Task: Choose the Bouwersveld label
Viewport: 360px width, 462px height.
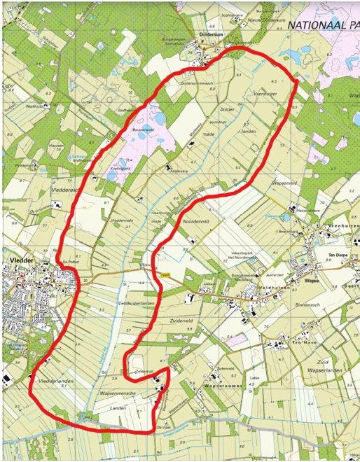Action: coord(142,129)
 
